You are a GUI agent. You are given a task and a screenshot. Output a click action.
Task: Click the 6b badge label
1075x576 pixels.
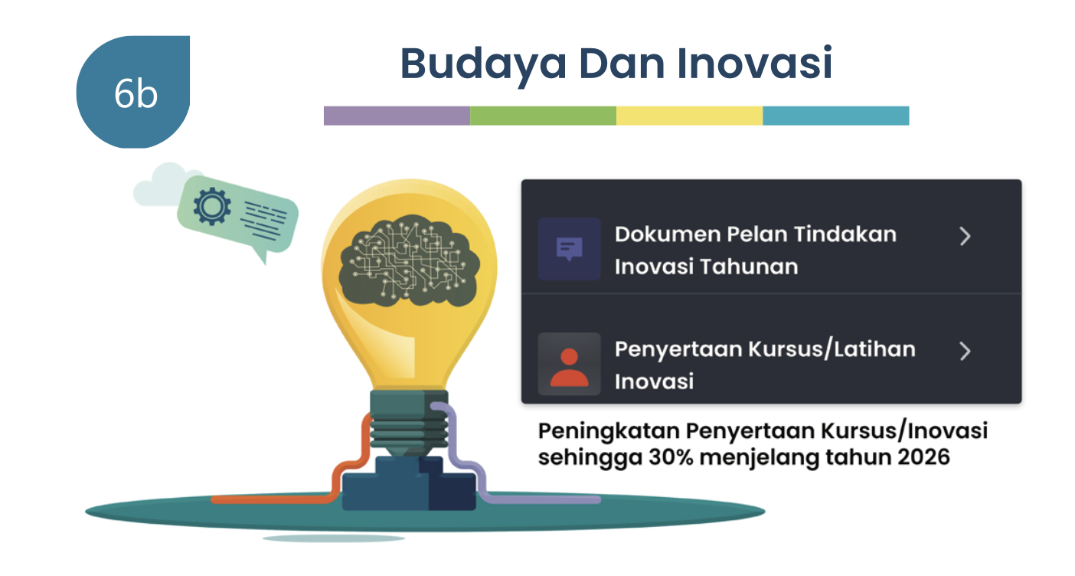136,93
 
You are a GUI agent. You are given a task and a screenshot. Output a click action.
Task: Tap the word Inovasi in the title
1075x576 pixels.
754,63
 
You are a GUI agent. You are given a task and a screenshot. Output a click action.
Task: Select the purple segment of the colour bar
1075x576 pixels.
397,116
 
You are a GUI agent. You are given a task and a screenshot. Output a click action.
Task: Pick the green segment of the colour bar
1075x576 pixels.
544,116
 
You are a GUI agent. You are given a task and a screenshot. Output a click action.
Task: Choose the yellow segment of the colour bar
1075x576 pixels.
690,116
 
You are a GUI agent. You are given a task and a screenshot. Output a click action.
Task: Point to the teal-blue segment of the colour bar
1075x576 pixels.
836,116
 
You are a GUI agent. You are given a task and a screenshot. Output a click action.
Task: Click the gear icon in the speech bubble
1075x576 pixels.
211,206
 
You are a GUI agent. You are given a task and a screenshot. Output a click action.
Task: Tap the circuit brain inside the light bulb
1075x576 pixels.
409,260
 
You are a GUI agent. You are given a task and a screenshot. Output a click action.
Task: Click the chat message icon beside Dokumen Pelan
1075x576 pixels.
569,249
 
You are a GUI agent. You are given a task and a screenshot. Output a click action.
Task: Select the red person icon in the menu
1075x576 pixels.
569,367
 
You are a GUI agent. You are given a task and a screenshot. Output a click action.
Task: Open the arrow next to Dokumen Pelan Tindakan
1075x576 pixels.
965,236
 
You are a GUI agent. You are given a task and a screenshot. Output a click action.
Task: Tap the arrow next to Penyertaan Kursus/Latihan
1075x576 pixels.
965,352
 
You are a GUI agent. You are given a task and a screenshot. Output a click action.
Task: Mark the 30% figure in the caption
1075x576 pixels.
671,457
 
